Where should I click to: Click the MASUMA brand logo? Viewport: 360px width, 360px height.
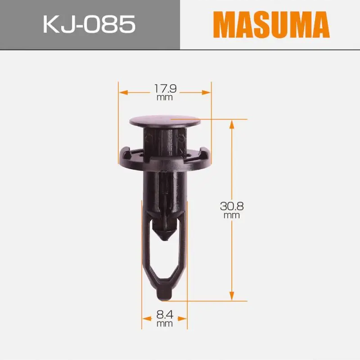point(271,25)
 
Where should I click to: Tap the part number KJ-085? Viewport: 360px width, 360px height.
point(89,24)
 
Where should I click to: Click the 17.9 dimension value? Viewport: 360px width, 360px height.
point(165,89)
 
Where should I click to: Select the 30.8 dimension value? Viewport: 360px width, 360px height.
point(232,206)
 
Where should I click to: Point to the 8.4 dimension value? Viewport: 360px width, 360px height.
point(165,315)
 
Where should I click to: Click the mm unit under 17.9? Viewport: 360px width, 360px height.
point(165,98)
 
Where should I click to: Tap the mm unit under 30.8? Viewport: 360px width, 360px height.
point(232,216)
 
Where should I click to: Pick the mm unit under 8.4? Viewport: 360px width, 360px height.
point(165,324)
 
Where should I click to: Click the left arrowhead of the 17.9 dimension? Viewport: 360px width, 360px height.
point(123,93)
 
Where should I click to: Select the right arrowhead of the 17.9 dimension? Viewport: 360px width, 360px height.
point(206,93)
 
